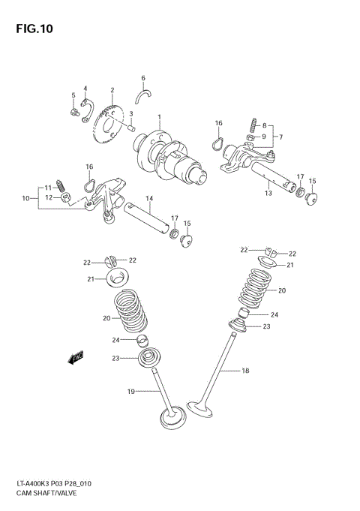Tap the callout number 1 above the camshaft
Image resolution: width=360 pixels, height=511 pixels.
pyautogui.click(x=159, y=116)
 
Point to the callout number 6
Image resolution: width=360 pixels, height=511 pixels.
pyautogui.click(x=142, y=78)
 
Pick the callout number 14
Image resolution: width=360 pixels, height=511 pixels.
pyautogui.click(x=149, y=198)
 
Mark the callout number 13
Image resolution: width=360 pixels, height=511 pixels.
pyautogui.click(x=268, y=193)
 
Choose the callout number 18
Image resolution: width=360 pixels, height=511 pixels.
pyautogui.click(x=244, y=371)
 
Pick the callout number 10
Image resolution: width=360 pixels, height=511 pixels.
pyautogui.click(x=25, y=198)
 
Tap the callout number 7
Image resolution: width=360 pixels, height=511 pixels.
pyautogui.click(x=280, y=137)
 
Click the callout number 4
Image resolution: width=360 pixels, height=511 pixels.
pyautogui.click(x=85, y=88)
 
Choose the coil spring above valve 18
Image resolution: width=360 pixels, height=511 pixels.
pyautogui.click(x=260, y=289)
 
